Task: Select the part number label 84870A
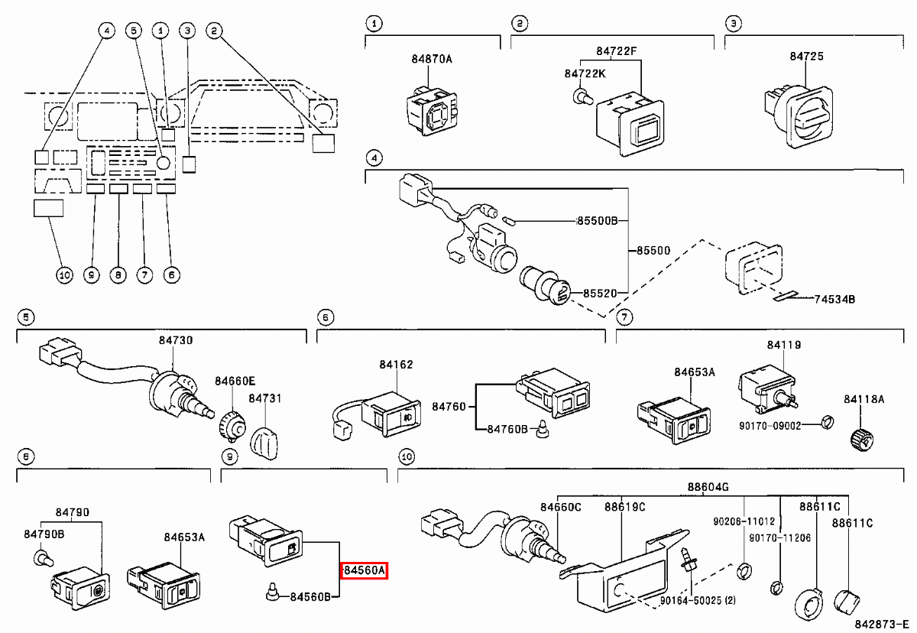click(x=432, y=58)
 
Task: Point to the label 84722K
click(x=585, y=73)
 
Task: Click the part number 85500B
click(x=601, y=222)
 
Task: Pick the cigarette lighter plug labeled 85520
click(x=543, y=288)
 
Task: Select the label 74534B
click(x=834, y=299)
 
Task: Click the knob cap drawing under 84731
click(x=263, y=440)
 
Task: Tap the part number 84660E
click(x=235, y=381)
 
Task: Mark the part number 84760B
click(x=507, y=430)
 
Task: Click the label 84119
click(x=784, y=345)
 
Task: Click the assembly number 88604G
click(x=708, y=486)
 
